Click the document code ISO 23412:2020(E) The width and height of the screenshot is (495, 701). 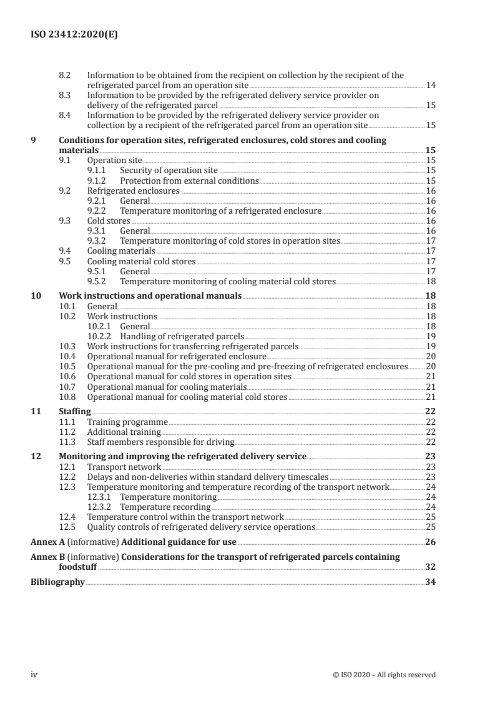(x=74, y=36)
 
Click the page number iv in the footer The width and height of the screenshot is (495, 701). (x=34, y=675)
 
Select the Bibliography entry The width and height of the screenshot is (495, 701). (x=57, y=582)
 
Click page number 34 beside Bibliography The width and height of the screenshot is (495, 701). (x=430, y=582)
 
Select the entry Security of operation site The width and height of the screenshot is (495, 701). (x=169, y=170)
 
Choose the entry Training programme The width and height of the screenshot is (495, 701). (x=127, y=422)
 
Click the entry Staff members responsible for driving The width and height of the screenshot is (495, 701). (x=160, y=442)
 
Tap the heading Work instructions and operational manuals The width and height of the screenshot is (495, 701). (x=150, y=296)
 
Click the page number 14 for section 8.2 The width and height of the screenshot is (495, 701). (x=430, y=84)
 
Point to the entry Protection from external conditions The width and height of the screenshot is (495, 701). (x=189, y=181)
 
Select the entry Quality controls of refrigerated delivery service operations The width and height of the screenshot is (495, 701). (x=201, y=527)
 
